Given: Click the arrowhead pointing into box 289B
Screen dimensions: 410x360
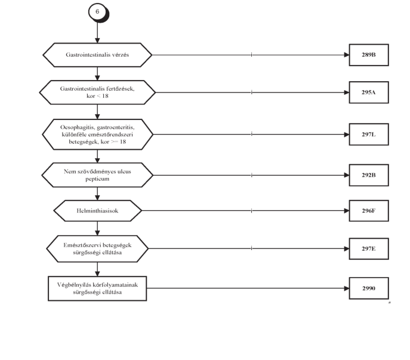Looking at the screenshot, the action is click(347, 55).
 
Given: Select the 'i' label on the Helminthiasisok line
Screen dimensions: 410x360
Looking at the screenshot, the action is click(251, 211).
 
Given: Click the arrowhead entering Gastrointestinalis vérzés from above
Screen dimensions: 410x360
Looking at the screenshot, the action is click(97, 41).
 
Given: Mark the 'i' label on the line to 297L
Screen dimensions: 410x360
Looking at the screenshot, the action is click(251, 134).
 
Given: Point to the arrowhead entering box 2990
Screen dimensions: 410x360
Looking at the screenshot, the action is click(347, 288).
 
